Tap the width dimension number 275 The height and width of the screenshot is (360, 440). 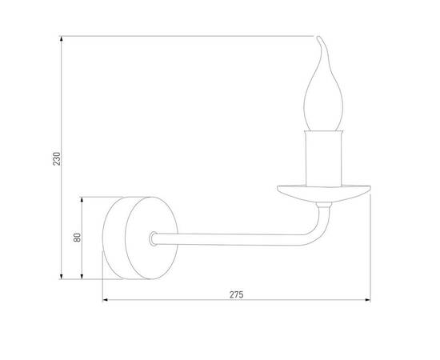(x=236, y=294)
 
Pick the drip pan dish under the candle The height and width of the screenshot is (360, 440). (x=323, y=191)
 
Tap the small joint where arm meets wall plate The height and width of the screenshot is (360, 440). (x=153, y=238)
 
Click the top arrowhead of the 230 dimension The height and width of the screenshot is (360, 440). (x=62, y=38)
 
